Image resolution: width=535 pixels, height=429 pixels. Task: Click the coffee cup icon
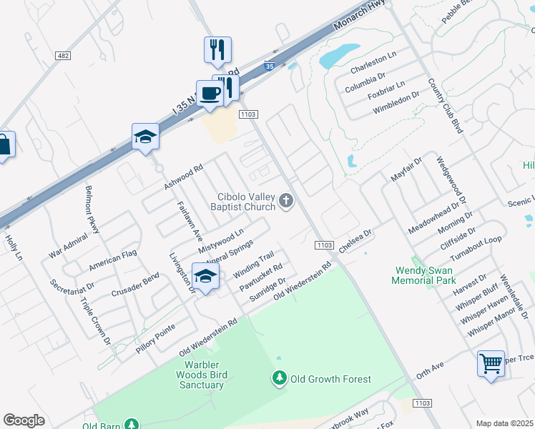[210, 94]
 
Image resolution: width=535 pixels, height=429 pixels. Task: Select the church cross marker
[286, 201]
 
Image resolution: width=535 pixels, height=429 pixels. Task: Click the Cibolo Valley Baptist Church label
[247, 202]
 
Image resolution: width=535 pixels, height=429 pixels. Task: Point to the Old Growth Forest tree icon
[280, 377]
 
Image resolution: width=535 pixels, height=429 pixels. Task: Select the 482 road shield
[62, 56]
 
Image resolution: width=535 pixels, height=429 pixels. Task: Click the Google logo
[24, 420]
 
